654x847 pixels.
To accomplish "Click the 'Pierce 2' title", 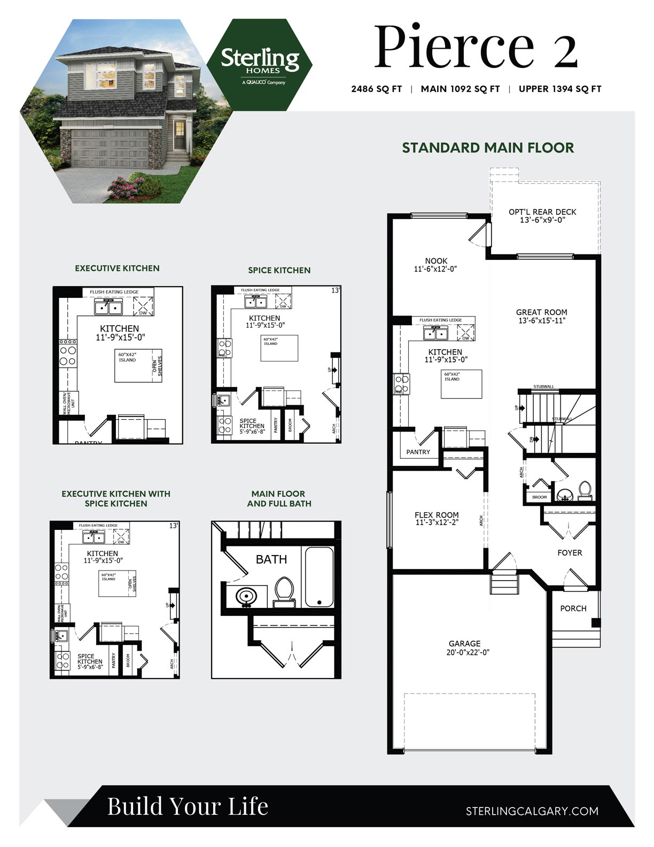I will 475,47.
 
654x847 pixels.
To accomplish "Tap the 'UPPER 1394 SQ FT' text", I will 559,89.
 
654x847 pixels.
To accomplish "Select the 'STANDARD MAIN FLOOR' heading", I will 487,148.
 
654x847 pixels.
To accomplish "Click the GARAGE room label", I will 464,648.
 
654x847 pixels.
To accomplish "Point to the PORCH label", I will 573,609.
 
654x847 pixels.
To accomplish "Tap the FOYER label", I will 570,553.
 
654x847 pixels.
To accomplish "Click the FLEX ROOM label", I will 437,518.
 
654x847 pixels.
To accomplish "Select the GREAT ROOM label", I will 541,316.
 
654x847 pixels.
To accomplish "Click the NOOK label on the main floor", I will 436,265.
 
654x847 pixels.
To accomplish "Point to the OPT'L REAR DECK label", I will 542,215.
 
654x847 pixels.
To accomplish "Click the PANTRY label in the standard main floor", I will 418,452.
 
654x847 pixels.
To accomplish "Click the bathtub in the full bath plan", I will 319,576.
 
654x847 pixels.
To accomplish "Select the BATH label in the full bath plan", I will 271,559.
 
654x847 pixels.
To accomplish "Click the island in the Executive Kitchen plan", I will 134,366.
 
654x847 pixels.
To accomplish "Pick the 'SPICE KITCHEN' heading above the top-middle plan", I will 279,270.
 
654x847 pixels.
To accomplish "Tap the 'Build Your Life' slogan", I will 188,806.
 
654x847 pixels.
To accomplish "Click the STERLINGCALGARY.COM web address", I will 532,811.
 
